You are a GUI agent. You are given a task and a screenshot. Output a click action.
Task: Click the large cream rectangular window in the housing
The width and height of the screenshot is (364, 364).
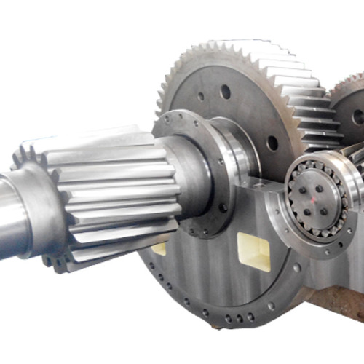(253, 251)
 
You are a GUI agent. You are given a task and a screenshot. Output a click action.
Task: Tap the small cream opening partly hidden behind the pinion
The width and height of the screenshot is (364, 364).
(159, 248)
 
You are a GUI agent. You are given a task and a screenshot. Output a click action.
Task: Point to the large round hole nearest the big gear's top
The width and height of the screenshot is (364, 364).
(225, 92)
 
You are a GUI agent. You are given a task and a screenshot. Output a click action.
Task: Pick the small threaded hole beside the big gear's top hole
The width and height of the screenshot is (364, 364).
(201, 95)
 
